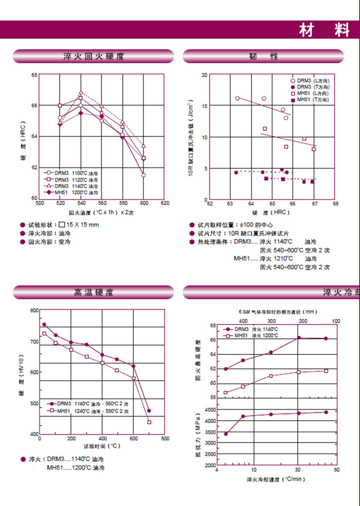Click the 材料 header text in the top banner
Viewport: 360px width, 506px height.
(324, 30)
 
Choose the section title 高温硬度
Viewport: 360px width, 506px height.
(94, 293)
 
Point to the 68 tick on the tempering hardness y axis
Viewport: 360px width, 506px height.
(34, 75)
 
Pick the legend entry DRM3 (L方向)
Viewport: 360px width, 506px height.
(312, 81)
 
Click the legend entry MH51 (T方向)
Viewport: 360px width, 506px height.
(312, 100)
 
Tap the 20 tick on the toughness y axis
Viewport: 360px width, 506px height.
(205, 75)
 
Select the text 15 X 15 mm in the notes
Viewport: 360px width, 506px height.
(83, 225)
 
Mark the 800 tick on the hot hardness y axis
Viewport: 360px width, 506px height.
(34, 310)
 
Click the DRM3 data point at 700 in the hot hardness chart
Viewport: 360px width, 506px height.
(149, 411)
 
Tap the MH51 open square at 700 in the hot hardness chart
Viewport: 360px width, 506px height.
(149, 422)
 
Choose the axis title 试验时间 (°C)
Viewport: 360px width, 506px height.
(102, 446)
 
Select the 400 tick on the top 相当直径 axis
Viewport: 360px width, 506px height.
(243, 321)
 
